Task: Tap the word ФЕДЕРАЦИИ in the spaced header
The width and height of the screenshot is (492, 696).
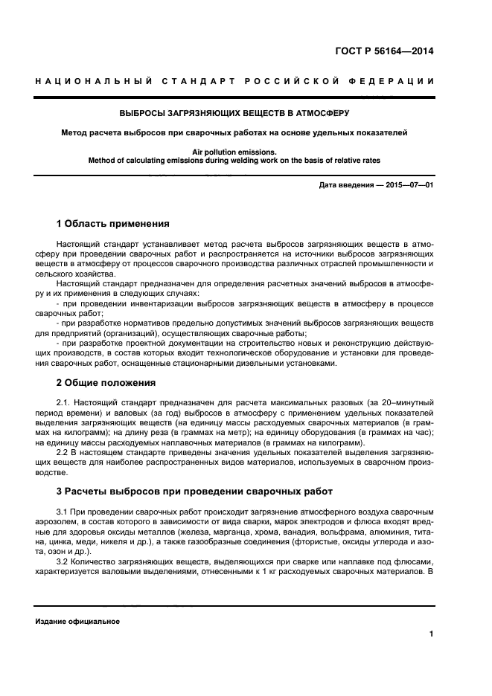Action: [x=393, y=81]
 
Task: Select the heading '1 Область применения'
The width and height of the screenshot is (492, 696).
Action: [x=113, y=223]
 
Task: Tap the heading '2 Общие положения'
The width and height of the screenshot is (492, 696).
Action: [x=106, y=383]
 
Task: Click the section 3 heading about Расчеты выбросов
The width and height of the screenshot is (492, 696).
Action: [x=185, y=492]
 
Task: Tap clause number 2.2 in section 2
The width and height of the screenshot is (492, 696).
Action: [x=63, y=452]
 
